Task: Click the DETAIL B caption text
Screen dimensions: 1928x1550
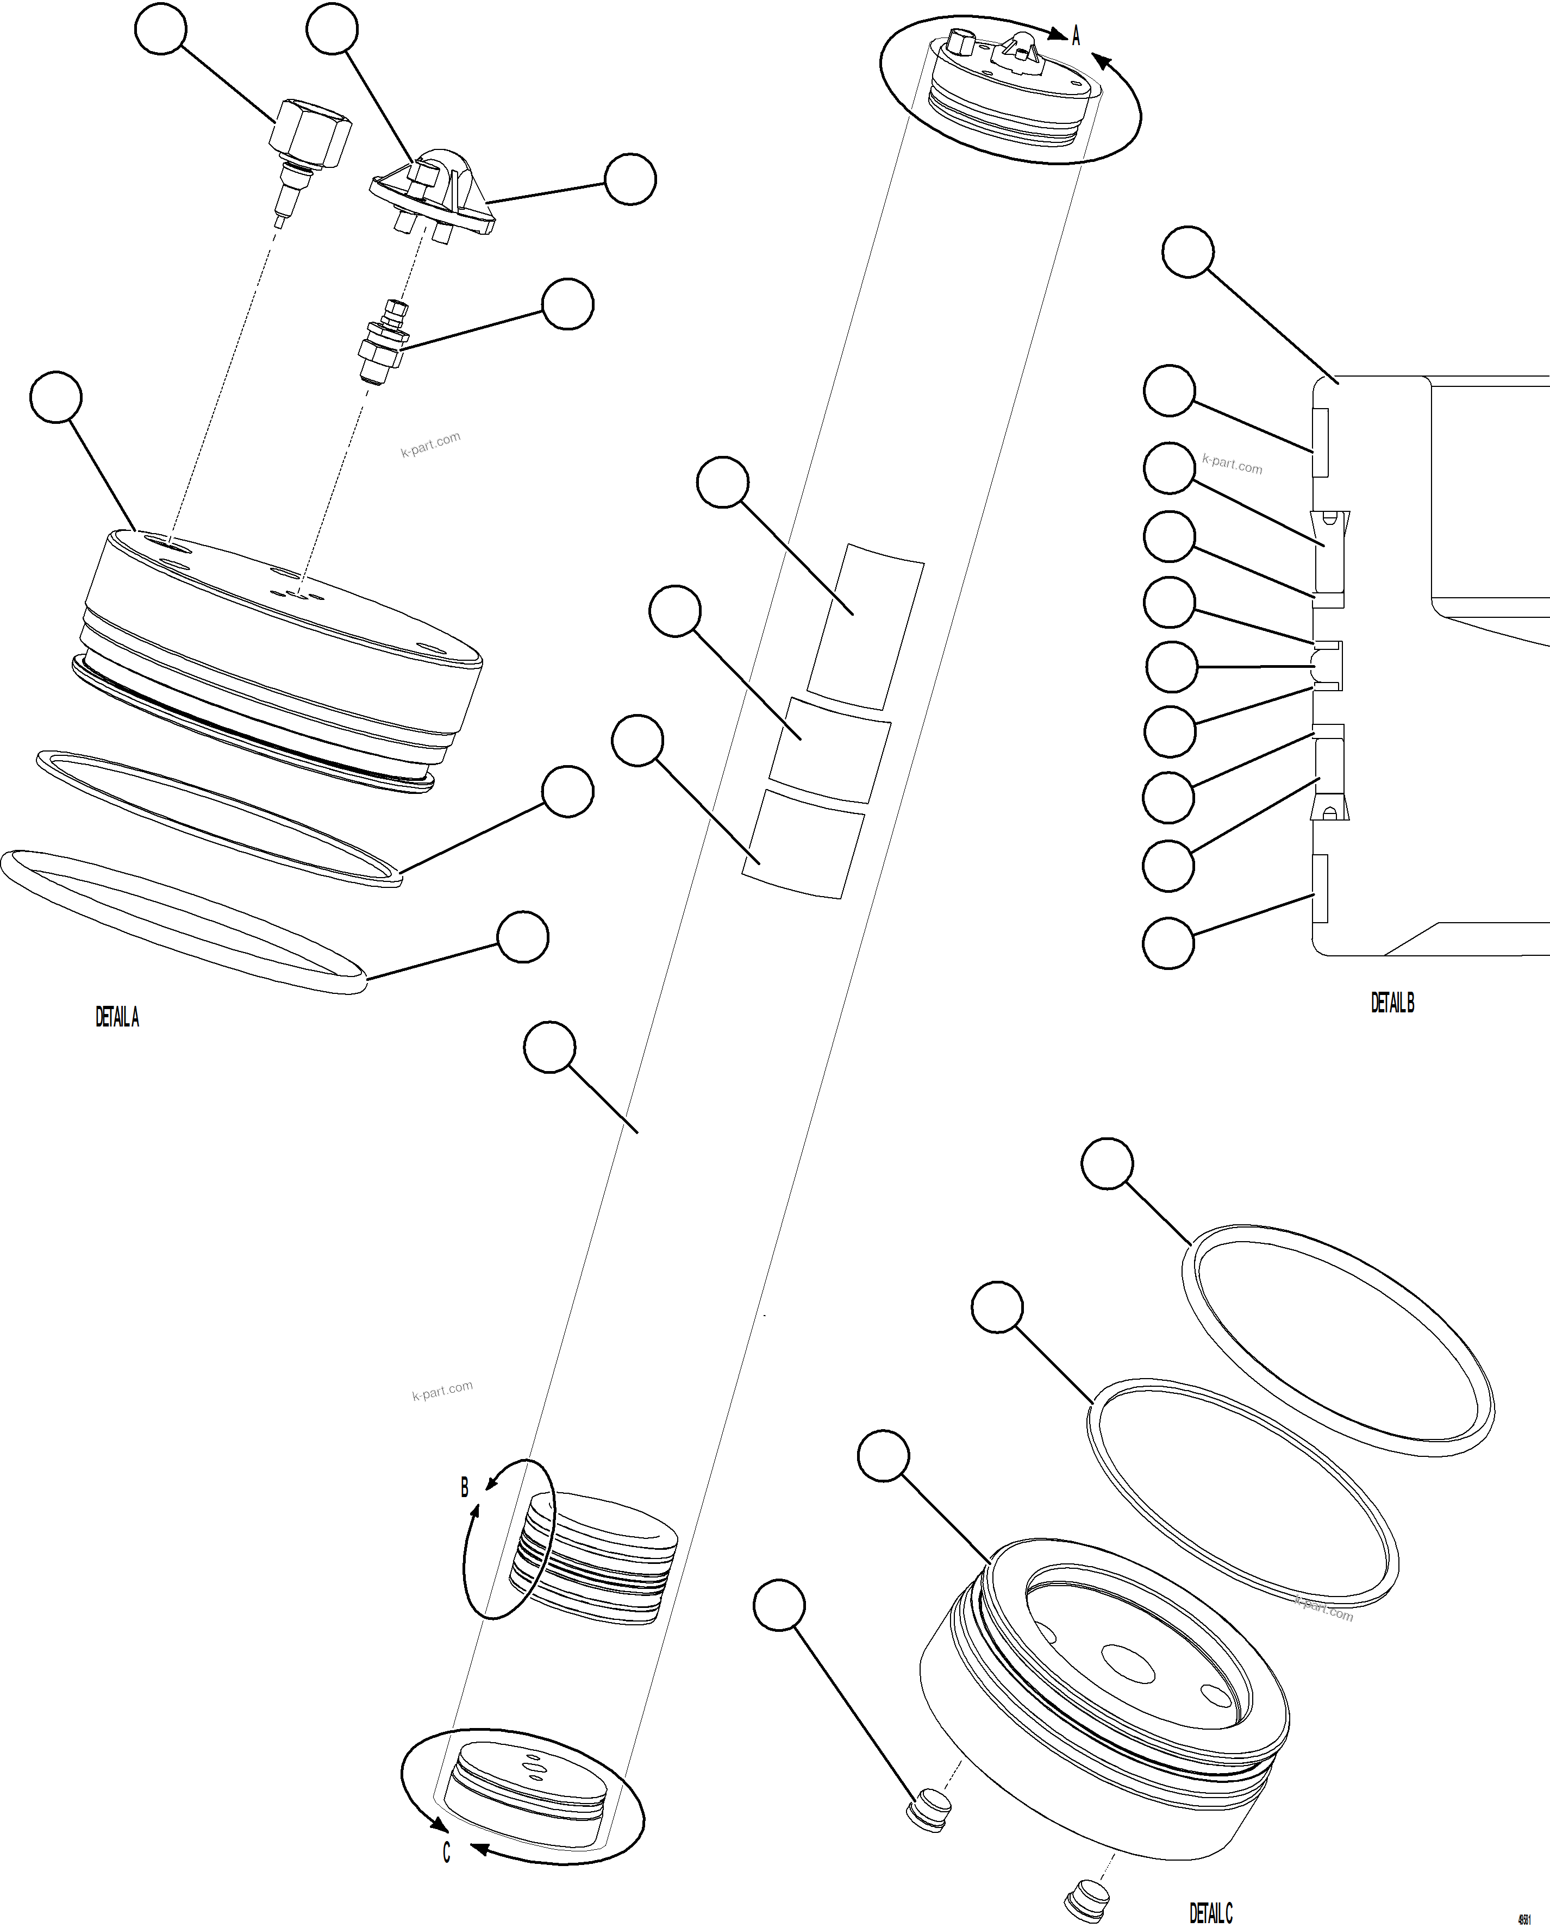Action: point(1392,1003)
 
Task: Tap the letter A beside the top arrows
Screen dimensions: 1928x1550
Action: point(1076,36)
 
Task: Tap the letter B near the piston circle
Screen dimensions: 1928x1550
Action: point(464,1488)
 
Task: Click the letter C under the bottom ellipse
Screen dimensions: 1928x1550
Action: point(446,1852)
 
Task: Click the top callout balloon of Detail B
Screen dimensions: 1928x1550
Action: point(1187,253)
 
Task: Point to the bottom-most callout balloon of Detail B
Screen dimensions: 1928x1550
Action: point(1168,943)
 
